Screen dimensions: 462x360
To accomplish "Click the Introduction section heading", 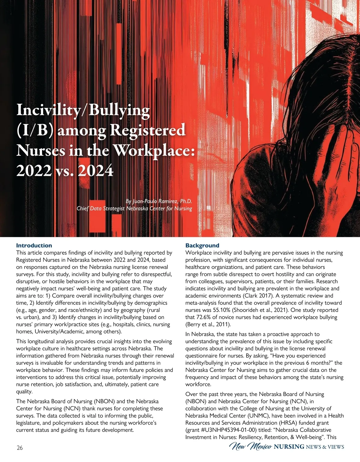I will [34, 245].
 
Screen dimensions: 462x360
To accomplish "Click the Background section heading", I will [202, 245].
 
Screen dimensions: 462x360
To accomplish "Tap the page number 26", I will [19, 448].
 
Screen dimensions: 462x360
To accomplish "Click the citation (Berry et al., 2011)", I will [208, 324].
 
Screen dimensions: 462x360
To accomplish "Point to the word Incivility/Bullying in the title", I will [83, 110].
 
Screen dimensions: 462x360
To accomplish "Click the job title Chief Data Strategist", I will [100, 208].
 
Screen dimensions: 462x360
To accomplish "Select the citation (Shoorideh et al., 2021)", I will [275, 310].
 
